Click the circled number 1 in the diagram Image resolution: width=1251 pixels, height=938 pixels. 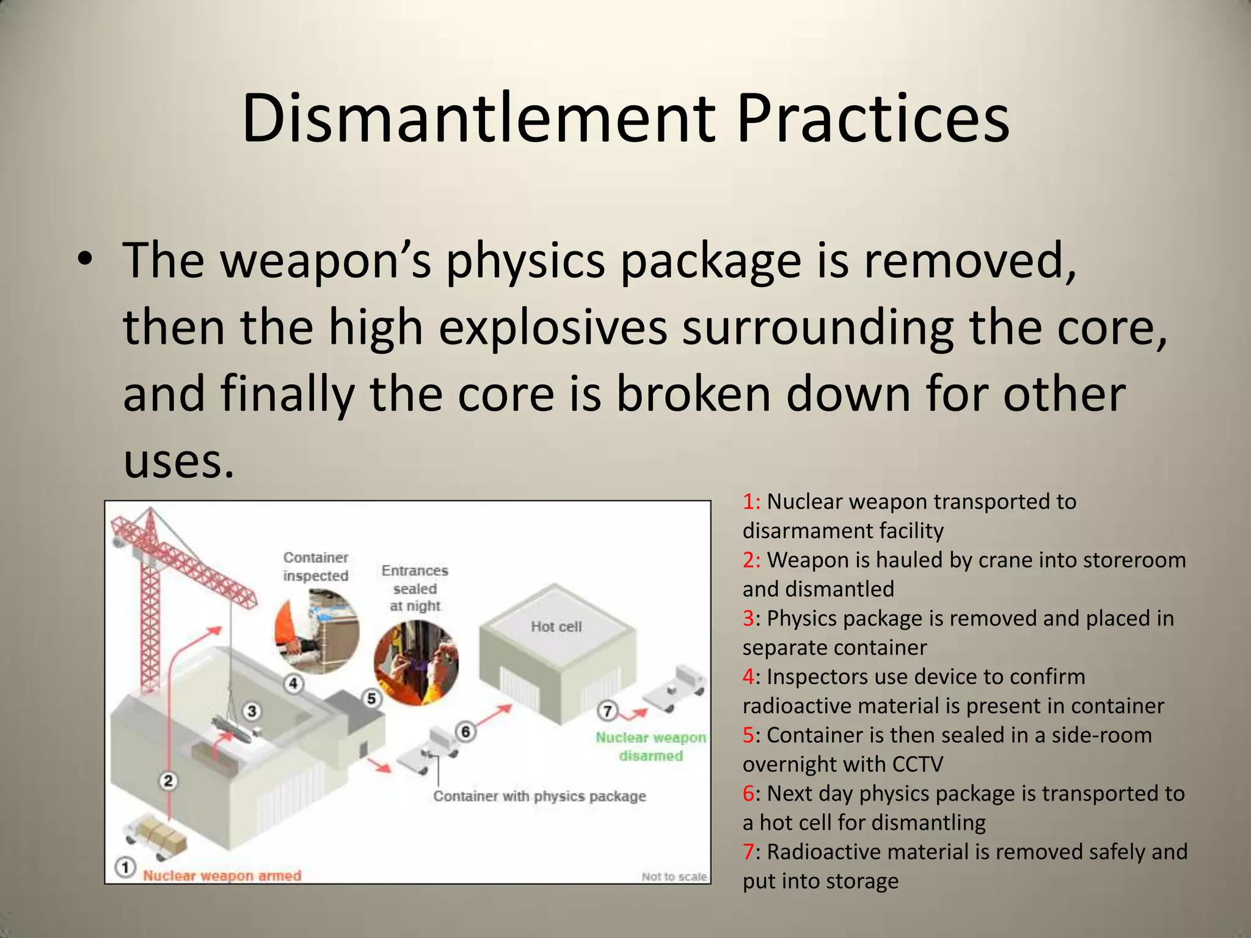coord(125,867)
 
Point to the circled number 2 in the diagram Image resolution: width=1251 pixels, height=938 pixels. coord(169,780)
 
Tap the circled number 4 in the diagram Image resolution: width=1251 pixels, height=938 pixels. coord(294,683)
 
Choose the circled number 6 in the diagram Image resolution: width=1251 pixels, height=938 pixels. coord(465,731)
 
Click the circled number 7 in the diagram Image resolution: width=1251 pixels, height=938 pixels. coord(607,711)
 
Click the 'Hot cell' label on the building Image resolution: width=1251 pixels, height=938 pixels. coord(556,627)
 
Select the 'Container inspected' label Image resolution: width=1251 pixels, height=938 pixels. coord(315,566)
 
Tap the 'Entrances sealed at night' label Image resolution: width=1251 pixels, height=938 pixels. coord(415,587)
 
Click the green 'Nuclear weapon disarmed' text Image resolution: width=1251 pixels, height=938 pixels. coord(651,746)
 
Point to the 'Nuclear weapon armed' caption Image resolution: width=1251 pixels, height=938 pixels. coord(222,876)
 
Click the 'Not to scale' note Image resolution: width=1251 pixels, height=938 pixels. coord(674,876)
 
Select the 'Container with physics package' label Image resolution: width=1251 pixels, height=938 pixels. coord(539,796)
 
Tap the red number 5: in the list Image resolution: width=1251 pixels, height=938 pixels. coord(750,735)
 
